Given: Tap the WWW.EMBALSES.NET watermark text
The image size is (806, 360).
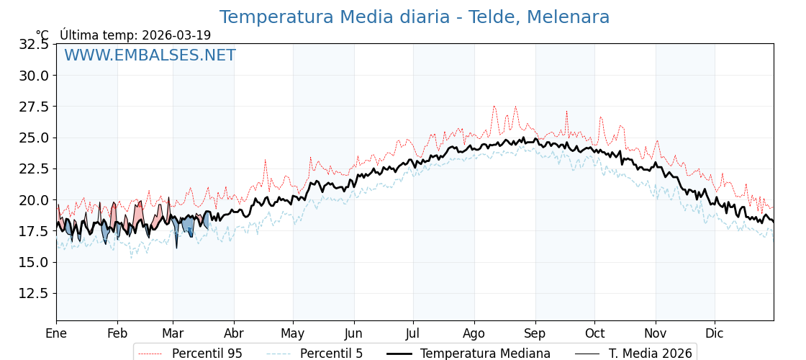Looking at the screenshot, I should [150, 55].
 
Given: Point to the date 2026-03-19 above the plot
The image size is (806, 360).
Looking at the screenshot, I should [176, 35].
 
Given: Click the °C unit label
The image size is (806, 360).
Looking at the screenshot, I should [42, 35].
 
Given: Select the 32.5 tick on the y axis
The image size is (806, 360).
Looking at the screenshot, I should [34, 44].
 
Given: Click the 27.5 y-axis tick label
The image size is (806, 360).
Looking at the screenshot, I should [34, 107].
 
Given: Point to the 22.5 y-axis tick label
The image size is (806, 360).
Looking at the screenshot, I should [34, 168].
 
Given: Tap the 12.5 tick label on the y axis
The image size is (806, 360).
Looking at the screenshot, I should [34, 293].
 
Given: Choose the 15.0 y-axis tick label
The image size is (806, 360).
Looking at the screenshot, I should [34, 262].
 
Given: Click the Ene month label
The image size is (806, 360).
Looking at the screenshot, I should [56, 333].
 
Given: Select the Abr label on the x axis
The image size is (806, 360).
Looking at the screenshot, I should [234, 333].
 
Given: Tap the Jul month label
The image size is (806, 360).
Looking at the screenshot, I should [413, 333].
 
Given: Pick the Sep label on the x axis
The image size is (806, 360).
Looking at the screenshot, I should [535, 333].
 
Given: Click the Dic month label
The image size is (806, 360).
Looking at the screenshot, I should [715, 333].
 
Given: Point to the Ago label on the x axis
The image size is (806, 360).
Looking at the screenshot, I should [474, 333].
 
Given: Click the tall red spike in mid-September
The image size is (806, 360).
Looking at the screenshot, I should [566, 113].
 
